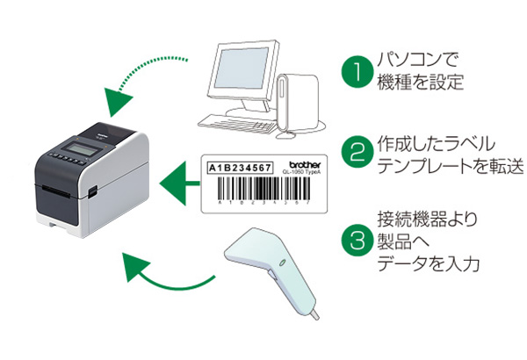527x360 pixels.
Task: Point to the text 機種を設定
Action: tap(420, 84)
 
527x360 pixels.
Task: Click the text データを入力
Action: tap(425, 264)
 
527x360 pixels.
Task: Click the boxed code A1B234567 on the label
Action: tap(240, 166)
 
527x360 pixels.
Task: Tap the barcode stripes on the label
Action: tap(255, 189)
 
